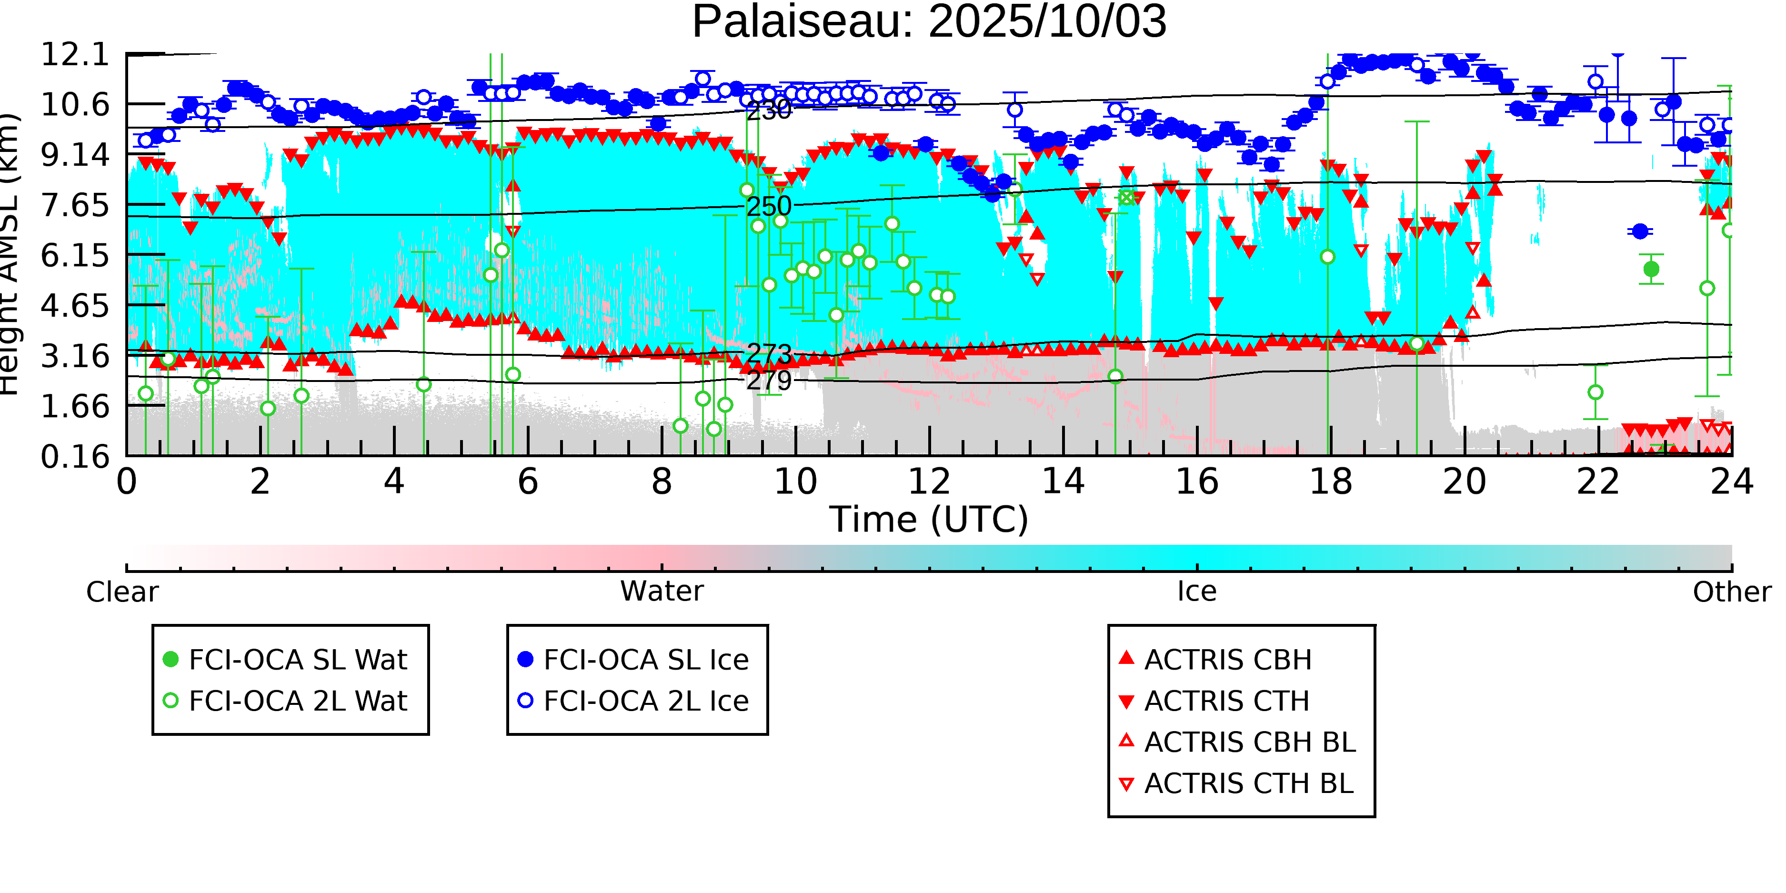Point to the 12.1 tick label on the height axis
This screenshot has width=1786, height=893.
75,55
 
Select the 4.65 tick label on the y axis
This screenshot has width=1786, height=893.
75,306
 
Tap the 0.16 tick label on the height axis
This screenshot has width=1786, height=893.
75,457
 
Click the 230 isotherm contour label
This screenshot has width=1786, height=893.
768,110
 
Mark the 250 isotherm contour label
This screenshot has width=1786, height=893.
768,206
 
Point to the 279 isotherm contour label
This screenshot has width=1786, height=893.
768,380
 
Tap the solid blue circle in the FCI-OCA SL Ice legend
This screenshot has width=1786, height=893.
525,659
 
